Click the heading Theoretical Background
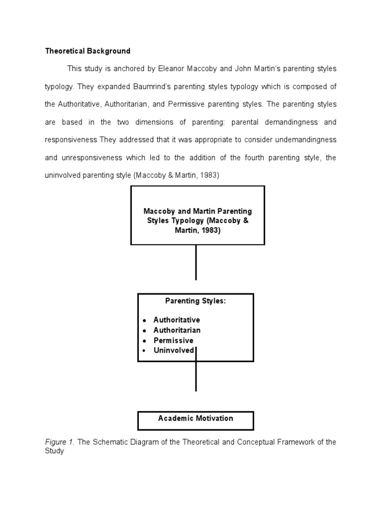[x=88, y=51]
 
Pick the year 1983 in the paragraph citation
[x=209, y=176]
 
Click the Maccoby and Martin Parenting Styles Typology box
[x=197, y=215]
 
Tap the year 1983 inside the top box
[x=209, y=230]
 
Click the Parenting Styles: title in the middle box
[x=195, y=302]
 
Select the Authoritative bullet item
[x=177, y=320]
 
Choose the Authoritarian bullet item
[x=177, y=330]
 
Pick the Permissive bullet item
[x=173, y=341]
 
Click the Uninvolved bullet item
[x=174, y=351]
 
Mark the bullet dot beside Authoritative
[x=144, y=320]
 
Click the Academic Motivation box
[x=195, y=419]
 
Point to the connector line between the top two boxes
[x=196, y=262]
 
